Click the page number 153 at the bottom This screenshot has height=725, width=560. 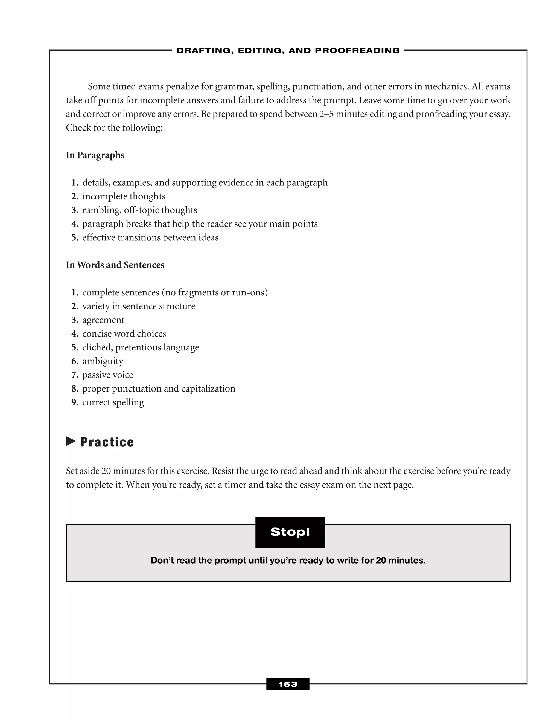(288, 684)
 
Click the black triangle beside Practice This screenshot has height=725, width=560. (71, 441)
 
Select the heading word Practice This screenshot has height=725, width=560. (107, 442)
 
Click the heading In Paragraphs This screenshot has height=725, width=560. (95, 155)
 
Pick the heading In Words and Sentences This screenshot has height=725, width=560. (115, 265)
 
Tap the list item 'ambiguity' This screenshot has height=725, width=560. (103, 361)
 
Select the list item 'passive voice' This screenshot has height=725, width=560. (108, 375)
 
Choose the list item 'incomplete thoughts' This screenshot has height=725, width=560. (124, 196)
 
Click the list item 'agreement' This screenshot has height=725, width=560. (103, 320)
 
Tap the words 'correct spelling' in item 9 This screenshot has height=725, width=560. (113, 402)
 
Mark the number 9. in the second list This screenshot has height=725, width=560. (75, 402)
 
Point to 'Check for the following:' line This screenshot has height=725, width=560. (114, 128)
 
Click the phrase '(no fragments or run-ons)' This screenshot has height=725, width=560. (214, 292)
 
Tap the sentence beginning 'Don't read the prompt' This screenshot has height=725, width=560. (288, 561)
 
